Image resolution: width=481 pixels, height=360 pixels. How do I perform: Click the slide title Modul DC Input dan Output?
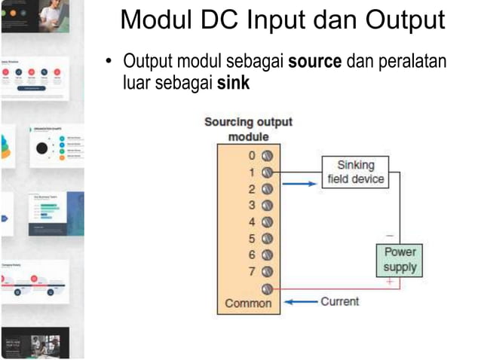(x=283, y=20)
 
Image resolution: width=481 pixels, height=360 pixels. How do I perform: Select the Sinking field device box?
(x=355, y=172)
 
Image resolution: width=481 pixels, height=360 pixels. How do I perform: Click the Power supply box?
(x=400, y=259)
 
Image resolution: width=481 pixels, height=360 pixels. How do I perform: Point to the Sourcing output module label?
(x=248, y=130)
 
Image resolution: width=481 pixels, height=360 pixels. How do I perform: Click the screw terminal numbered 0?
(x=266, y=155)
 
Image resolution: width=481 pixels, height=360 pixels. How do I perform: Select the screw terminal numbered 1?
(x=266, y=172)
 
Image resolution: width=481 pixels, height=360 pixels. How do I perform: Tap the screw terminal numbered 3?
(x=266, y=205)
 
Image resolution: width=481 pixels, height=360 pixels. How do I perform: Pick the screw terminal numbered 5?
(x=266, y=238)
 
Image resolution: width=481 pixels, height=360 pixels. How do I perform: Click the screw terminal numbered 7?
(x=266, y=271)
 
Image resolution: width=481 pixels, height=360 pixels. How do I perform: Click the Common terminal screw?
(x=266, y=288)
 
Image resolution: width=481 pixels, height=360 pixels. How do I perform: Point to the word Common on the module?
(x=248, y=304)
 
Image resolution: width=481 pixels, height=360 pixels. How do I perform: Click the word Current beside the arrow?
(x=339, y=301)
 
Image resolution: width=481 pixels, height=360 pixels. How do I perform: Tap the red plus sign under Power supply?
(x=389, y=281)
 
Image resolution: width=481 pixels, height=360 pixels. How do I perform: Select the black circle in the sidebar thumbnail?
(x=42, y=148)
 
